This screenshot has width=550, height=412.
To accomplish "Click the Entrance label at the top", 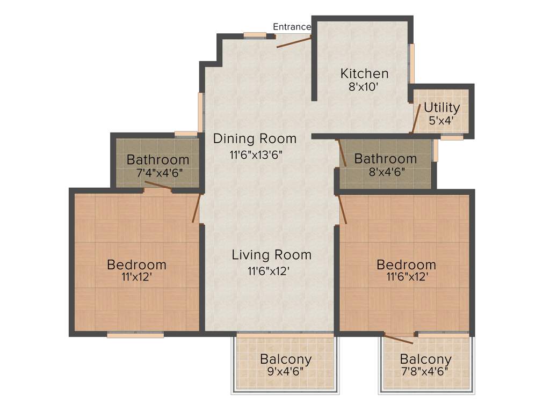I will pos(292,27).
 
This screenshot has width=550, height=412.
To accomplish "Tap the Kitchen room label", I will pos(365,73).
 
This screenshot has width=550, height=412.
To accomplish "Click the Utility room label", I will pos(442,107).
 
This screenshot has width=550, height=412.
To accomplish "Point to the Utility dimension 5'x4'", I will pos(442,120).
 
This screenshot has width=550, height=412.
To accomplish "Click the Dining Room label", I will pos(255,138).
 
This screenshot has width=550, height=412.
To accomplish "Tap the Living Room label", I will pos(271,254).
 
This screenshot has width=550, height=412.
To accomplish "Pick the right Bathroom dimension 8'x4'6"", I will pos(386,172).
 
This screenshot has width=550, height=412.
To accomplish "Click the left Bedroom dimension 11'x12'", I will pos(136,277).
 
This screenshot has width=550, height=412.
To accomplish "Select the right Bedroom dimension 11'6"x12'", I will pos(406,277).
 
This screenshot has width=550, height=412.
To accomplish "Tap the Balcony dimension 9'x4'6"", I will pos(285,371).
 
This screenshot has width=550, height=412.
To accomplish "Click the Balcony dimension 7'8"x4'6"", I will pos(425,371).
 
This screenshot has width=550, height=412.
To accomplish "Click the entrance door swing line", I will pos(294,42).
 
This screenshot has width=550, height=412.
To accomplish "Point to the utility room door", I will pos(416,118).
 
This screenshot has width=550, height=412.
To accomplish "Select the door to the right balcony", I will pos(399,338).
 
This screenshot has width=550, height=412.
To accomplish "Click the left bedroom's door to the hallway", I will pos(197,208).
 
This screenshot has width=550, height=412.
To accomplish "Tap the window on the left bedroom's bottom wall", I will pos(135,335).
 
